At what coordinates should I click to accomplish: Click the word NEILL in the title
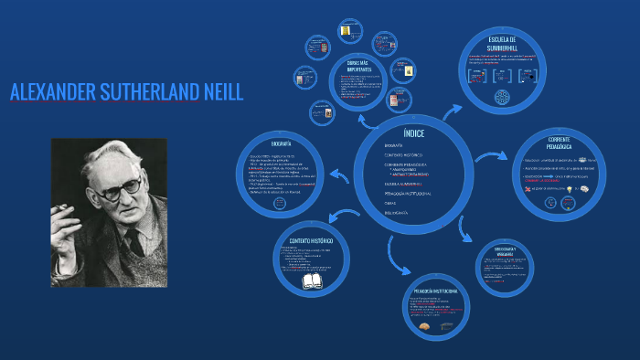217,91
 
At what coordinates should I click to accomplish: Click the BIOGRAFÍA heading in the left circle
282,144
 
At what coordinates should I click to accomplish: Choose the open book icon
314,281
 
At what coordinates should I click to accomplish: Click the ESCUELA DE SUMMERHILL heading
503,44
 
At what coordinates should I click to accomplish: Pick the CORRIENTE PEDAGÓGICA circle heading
559,142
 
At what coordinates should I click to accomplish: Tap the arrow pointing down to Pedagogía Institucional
398,259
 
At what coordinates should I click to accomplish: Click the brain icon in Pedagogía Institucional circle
423,326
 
